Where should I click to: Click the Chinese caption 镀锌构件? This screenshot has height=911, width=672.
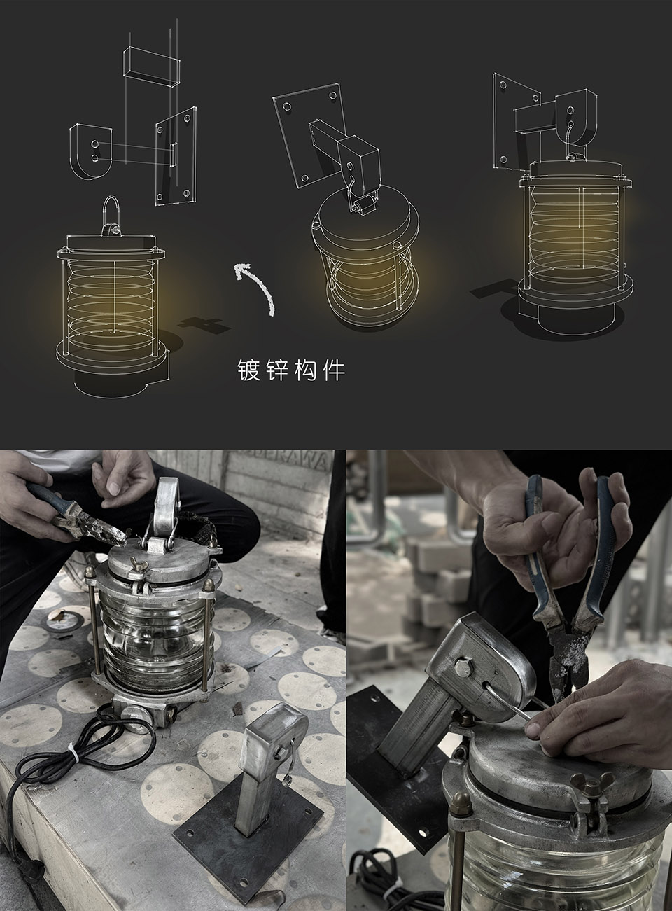(291, 370)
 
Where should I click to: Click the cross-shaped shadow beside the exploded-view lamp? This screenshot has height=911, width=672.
(202, 324)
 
